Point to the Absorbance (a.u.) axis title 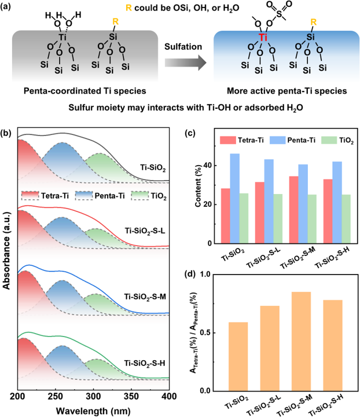tap(7, 255)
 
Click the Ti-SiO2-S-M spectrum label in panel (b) tap(144, 296)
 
